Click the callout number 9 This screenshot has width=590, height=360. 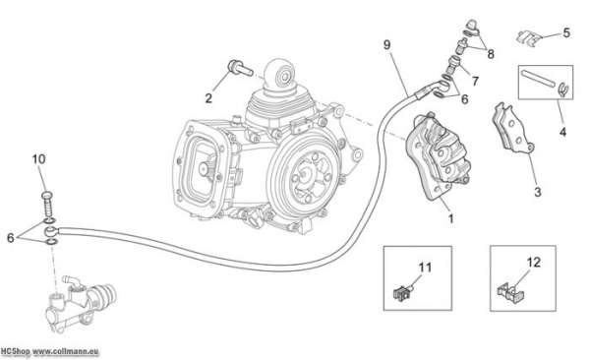(x=386, y=45)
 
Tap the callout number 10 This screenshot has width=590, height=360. (x=38, y=159)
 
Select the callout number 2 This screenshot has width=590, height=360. (x=208, y=98)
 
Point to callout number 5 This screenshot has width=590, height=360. (x=566, y=32)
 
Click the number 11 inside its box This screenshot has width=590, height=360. (x=425, y=268)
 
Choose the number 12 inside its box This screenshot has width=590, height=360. (x=534, y=262)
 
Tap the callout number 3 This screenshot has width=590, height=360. (x=538, y=192)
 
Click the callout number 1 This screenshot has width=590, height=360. (x=450, y=218)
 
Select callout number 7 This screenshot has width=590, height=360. (x=475, y=81)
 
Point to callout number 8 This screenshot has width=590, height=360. (x=491, y=54)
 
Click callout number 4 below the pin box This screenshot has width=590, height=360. (x=562, y=132)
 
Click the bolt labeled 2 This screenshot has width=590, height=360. (x=240, y=68)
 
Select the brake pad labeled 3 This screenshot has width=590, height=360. (x=513, y=128)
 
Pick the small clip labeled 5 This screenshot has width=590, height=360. (x=528, y=38)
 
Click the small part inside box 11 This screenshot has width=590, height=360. (x=403, y=292)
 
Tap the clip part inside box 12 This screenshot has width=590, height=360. (x=510, y=292)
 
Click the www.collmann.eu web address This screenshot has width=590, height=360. (x=66, y=352)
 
